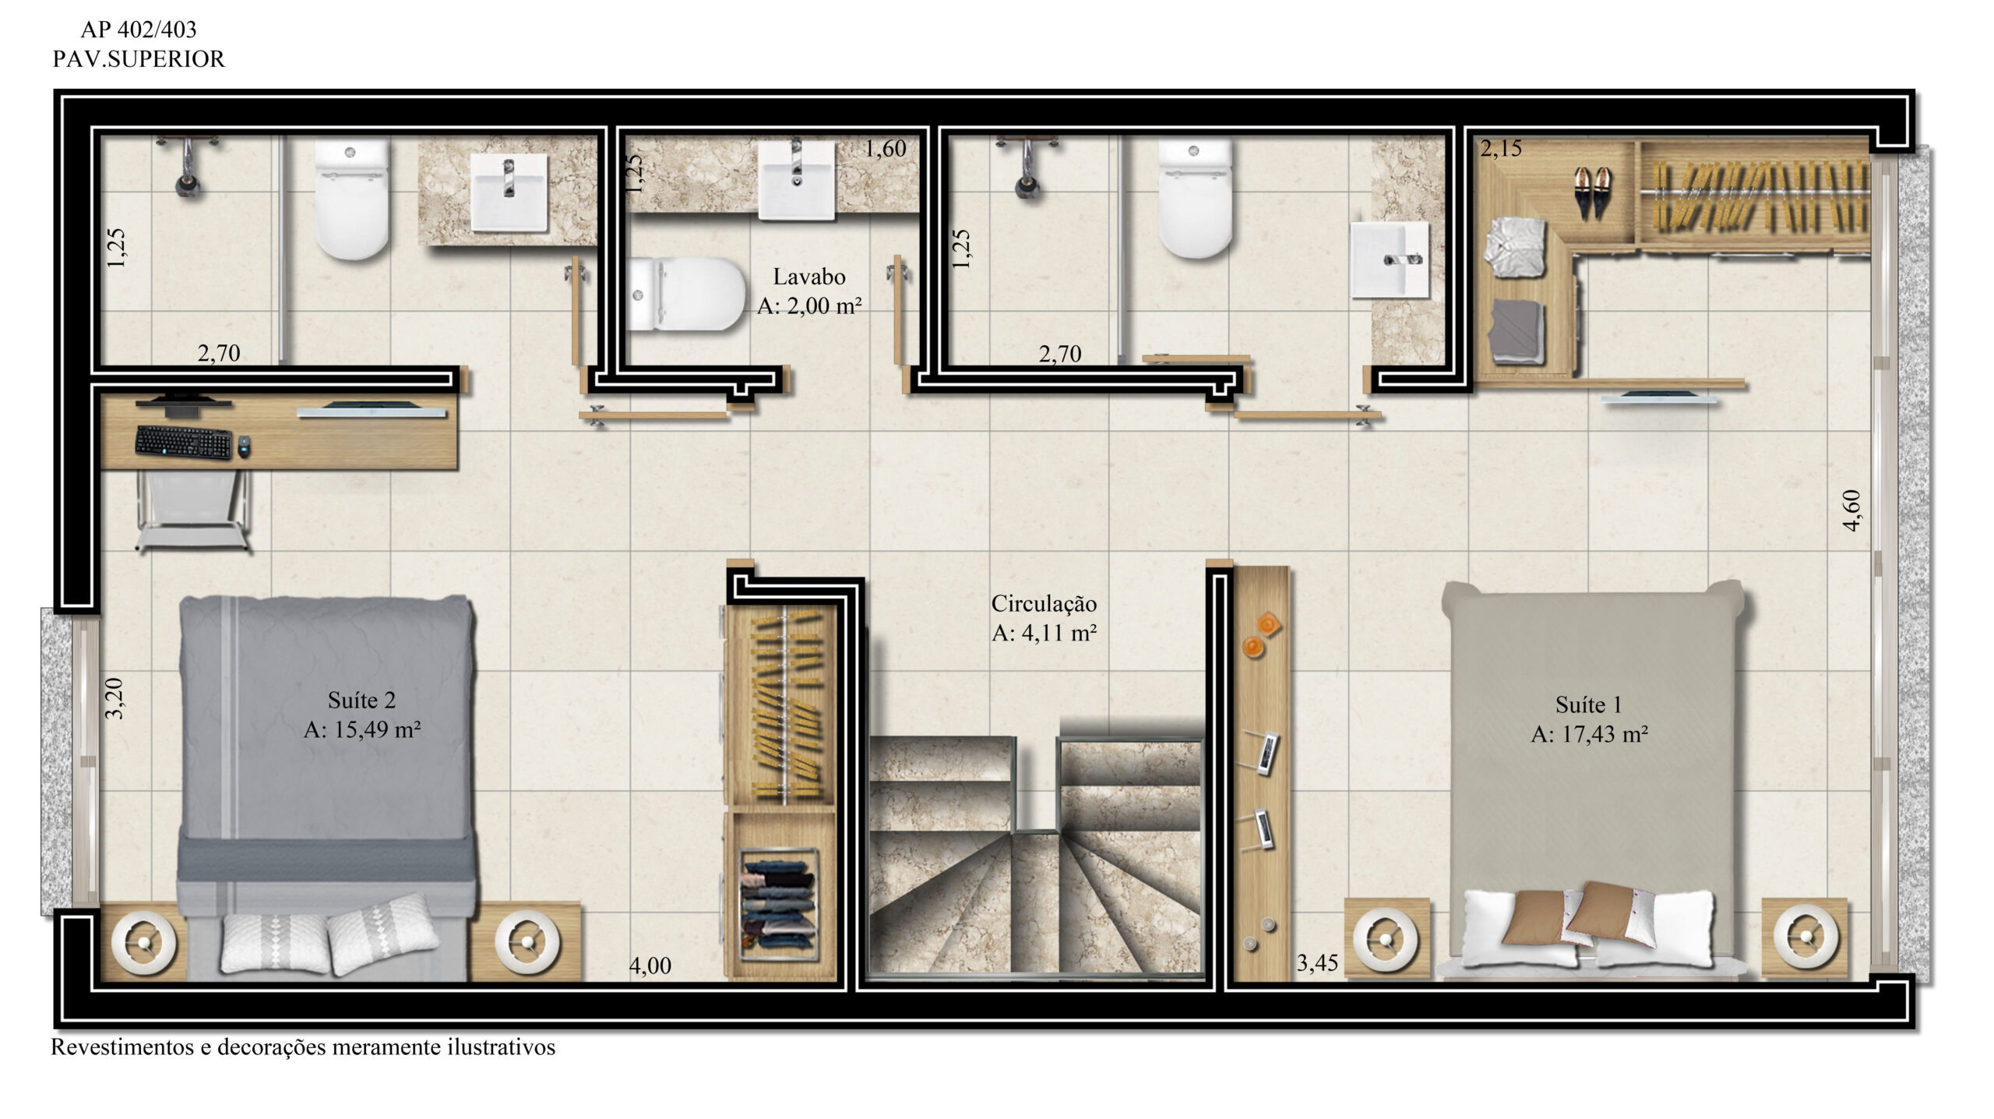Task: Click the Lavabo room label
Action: (809, 277)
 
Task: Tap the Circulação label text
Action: (1044, 603)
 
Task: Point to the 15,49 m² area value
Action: (377, 729)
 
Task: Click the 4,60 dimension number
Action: (1852, 510)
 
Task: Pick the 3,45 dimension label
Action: (1317, 964)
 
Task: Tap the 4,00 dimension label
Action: (650, 965)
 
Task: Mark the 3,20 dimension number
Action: (114, 698)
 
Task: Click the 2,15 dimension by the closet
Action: (1501, 148)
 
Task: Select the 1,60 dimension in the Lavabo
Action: (886, 148)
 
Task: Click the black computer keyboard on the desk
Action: (184, 442)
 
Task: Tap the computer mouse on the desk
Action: (244, 447)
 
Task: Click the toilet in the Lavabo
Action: (685, 294)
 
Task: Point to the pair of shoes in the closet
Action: (1593, 192)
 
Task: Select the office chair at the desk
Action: (193, 510)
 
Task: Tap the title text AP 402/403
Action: (139, 30)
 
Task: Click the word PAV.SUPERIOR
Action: (139, 59)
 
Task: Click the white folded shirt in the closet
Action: (1514, 247)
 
